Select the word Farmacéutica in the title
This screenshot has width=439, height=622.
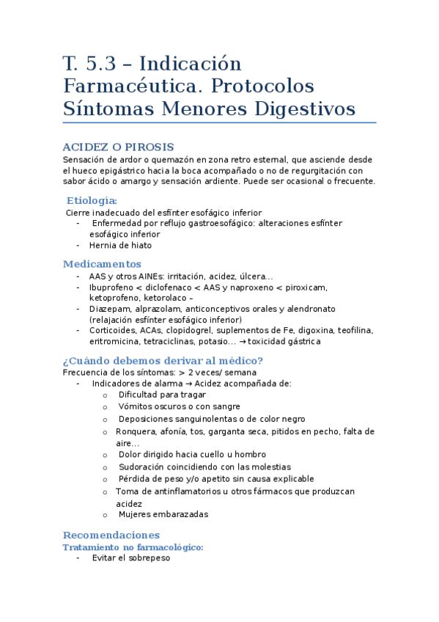[x=124, y=86]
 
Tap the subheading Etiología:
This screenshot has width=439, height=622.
[x=92, y=200]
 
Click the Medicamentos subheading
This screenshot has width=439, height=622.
[x=102, y=264]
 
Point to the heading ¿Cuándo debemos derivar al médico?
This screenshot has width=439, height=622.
[x=163, y=360]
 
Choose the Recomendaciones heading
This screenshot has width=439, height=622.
[x=111, y=535]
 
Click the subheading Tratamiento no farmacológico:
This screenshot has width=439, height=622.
[x=133, y=547]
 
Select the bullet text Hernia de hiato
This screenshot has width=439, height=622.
[x=120, y=246]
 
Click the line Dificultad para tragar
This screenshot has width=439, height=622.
[x=162, y=395]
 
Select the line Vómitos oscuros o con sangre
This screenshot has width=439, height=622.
[x=179, y=406]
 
